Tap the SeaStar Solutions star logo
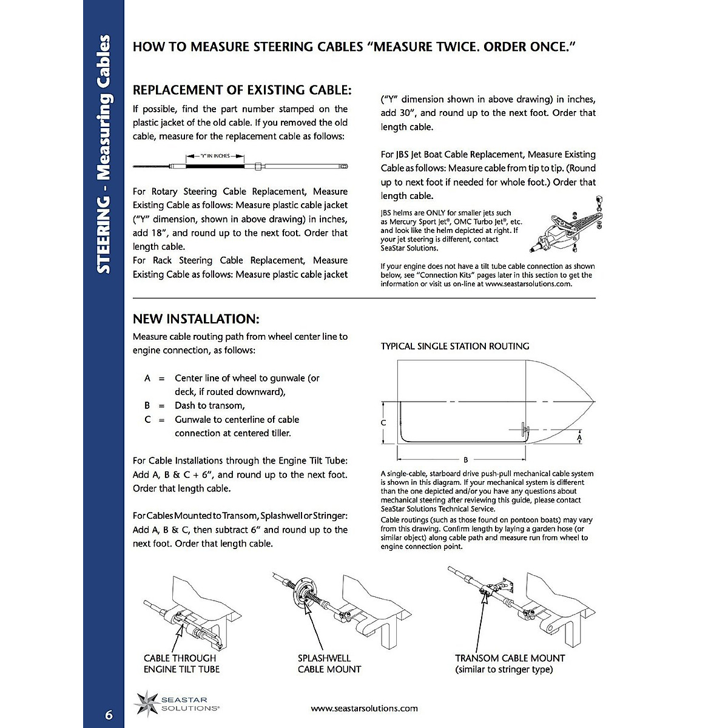(147, 703)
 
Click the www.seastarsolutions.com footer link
(364, 708)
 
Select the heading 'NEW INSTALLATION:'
(196, 319)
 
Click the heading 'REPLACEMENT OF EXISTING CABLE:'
(242, 90)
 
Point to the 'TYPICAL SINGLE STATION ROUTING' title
(455, 346)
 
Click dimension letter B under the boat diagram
(465, 460)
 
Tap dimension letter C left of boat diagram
(383, 423)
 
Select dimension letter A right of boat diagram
(579, 437)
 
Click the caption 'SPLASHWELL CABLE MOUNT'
(329, 664)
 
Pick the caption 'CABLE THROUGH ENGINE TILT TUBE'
(181, 664)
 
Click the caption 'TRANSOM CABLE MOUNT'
(510, 658)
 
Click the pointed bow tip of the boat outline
(594, 402)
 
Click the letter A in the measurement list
(147, 378)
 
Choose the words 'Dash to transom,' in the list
(209, 405)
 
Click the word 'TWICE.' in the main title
(456, 47)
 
